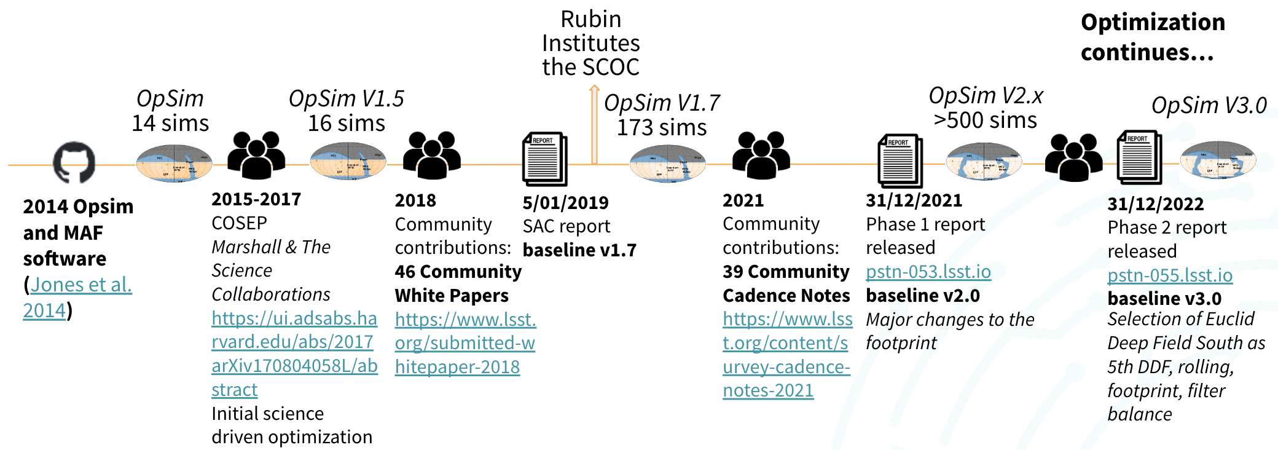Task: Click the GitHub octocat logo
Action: pos(74,162)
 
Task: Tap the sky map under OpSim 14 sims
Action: pos(174,164)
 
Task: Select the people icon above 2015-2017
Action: pos(256,155)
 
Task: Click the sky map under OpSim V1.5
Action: pos(348,161)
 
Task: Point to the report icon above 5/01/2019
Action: pos(544,159)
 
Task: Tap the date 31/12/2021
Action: pos(914,200)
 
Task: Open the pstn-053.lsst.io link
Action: pos(928,272)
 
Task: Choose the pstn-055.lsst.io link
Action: pos(1169,275)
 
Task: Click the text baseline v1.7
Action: pos(579,250)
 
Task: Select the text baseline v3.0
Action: pos(1164,299)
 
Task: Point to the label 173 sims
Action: pos(661,128)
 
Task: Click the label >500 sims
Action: pos(985,120)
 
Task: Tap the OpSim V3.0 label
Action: pos(1209,106)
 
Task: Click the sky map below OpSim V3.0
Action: pos(1218,160)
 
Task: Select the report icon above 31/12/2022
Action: pos(1139,157)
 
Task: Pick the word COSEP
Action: pos(239,223)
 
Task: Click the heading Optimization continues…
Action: pos(1152,37)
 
